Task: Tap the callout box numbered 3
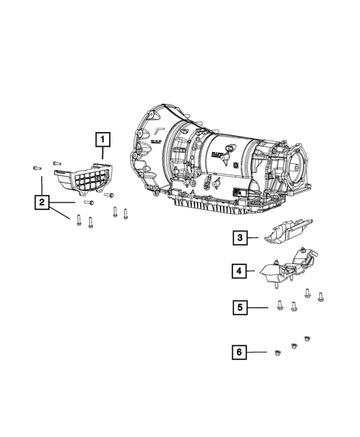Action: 239,238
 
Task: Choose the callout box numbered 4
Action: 239,272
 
